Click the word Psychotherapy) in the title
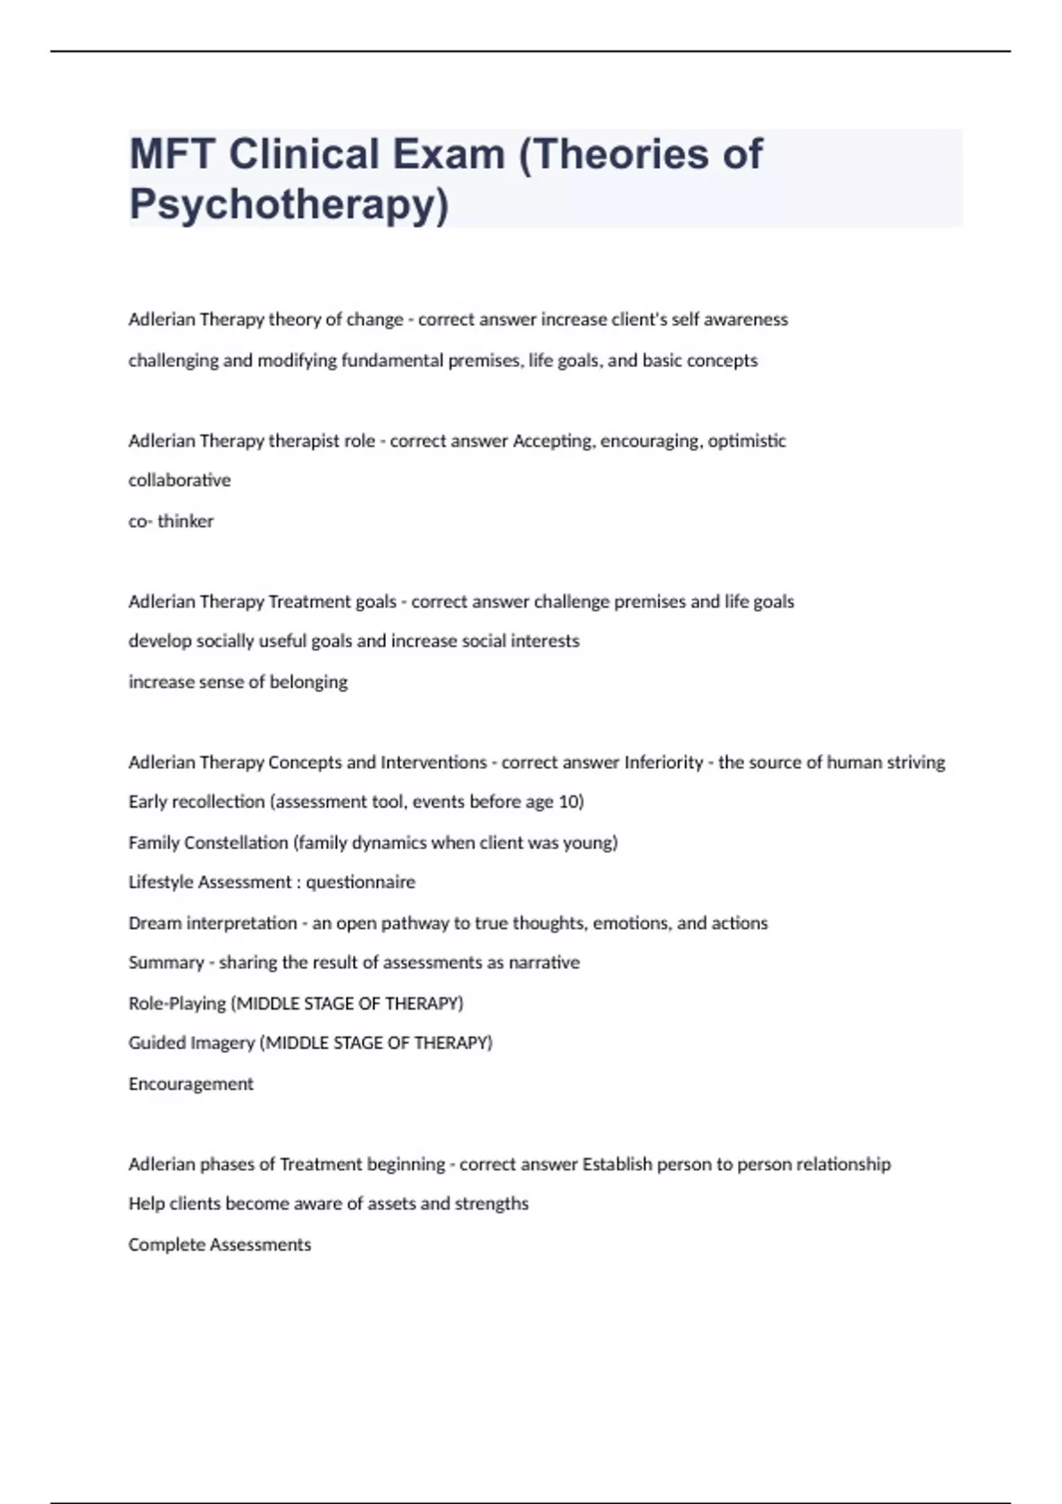point(289,204)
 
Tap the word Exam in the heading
point(449,154)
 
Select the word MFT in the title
point(173,154)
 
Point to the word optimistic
point(746,441)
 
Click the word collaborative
point(180,480)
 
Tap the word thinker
point(186,521)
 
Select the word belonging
point(309,682)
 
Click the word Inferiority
point(664,762)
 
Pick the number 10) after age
point(571,802)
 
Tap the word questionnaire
point(360,882)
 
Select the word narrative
point(544,963)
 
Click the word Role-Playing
point(177,1003)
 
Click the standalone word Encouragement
point(191,1084)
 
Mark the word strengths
point(491,1204)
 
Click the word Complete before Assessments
point(166,1245)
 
